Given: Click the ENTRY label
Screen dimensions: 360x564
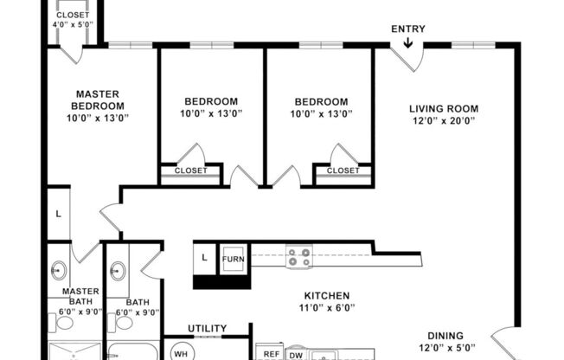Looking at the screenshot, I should pos(408,29).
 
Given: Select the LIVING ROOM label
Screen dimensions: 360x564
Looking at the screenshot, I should pos(444,108).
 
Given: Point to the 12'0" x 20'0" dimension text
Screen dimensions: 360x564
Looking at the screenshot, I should pos(444,120).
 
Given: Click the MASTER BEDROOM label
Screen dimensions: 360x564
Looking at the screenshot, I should pos(98,100).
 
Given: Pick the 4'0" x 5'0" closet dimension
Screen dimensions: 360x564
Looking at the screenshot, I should pos(73,26).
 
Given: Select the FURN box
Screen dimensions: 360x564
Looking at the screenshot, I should pos(233,259).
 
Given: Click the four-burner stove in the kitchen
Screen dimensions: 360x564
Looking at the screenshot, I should pos(299,257).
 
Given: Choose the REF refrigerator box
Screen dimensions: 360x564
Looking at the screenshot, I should pos(271,354).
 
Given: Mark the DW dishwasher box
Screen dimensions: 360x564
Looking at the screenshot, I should pos(295,354).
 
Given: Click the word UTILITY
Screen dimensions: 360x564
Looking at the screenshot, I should pos(207,328).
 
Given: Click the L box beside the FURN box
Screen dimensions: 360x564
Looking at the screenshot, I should pos(204,258).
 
